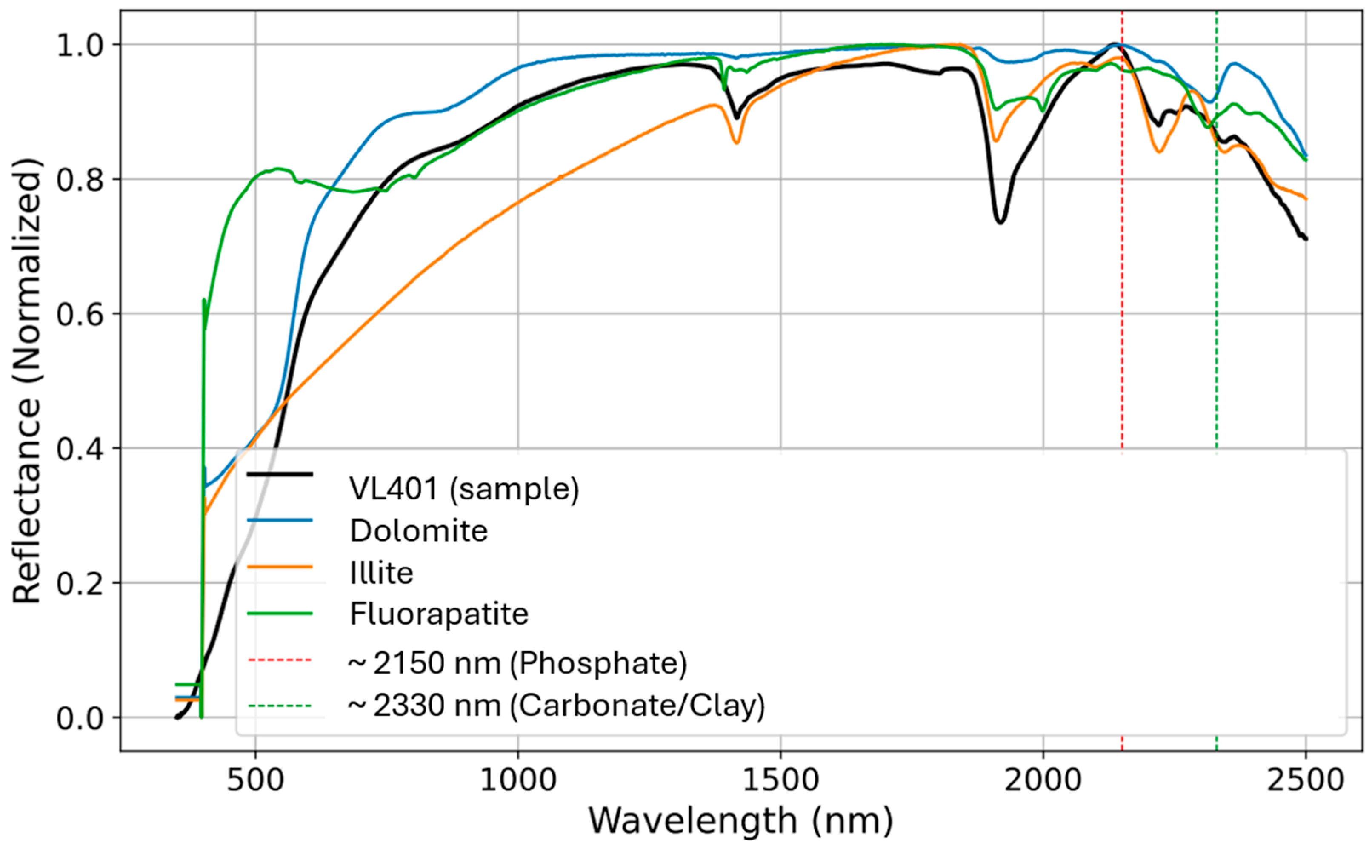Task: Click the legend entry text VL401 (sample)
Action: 463,488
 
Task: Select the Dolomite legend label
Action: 419,531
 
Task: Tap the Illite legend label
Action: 382,573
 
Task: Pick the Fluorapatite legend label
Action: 439,614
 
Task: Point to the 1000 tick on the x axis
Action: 518,780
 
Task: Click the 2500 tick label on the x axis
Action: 1305,780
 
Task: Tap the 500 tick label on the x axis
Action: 255,780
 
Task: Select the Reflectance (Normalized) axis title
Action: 26,381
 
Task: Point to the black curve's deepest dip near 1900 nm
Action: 1000,222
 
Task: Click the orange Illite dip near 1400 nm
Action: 737,143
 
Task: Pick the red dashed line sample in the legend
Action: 280,660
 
